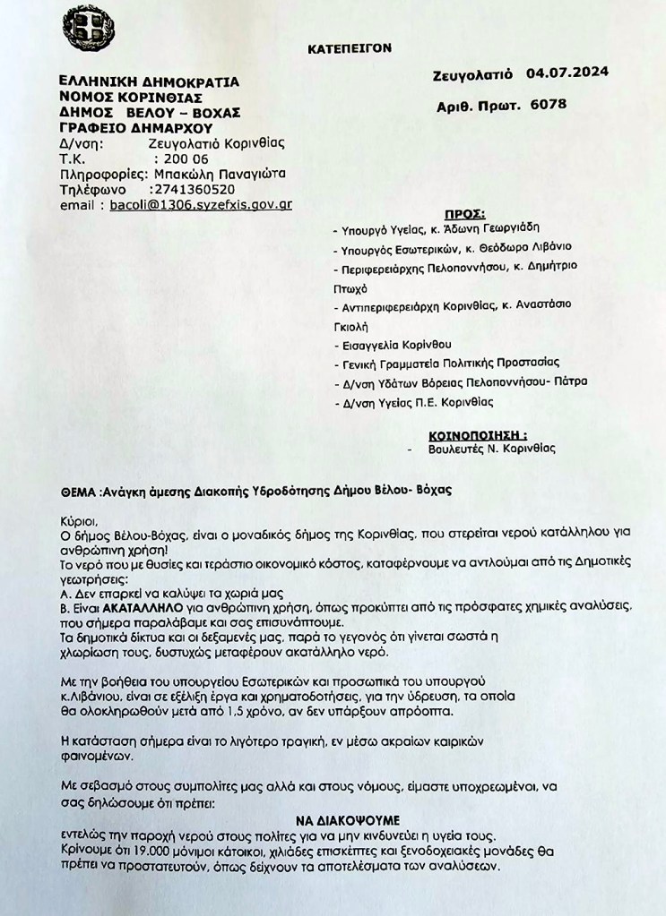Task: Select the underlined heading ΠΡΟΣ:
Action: [x=465, y=216]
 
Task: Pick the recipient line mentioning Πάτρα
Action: [x=460, y=383]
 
